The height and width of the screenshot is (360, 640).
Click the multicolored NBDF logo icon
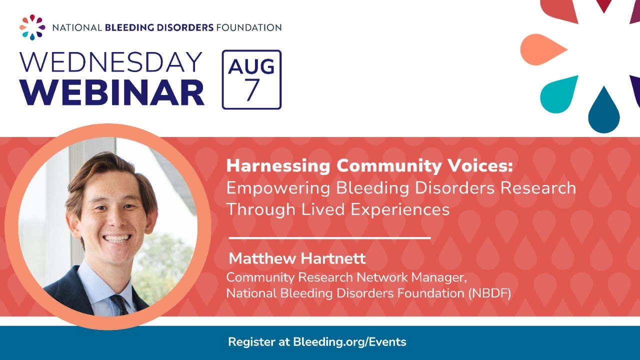click(x=32, y=27)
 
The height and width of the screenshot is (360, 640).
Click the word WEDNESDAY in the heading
click(x=111, y=62)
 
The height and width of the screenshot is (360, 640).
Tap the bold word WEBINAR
click(x=112, y=92)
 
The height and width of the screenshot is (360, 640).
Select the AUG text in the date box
click(x=251, y=66)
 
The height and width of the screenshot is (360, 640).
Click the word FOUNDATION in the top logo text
click(x=249, y=27)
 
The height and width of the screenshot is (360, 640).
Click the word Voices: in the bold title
click(x=480, y=165)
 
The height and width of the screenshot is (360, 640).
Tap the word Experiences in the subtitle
click(x=400, y=210)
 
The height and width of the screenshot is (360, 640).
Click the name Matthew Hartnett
click(x=297, y=258)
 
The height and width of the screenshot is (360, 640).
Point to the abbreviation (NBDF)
click(x=489, y=293)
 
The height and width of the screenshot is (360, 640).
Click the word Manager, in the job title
click(x=439, y=277)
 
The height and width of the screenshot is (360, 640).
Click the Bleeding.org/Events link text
click(x=349, y=342)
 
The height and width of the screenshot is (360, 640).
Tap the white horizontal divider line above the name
click(x=329, y=237)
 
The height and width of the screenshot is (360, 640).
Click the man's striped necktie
click(x=120, y=304)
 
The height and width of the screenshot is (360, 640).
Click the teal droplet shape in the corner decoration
click(x=559, y=94)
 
